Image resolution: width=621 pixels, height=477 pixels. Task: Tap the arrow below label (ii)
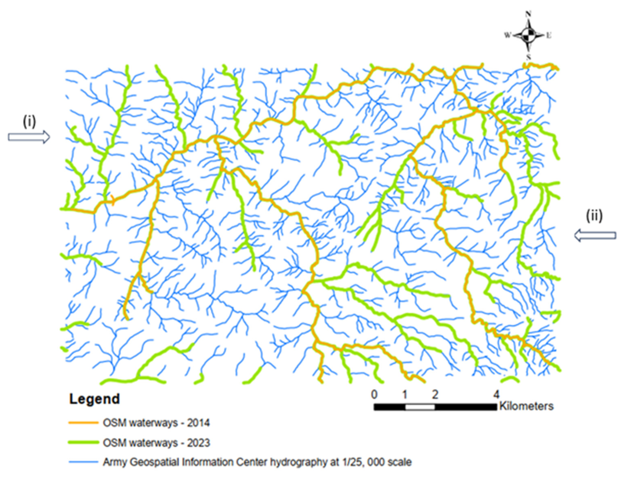(x=595, y=236)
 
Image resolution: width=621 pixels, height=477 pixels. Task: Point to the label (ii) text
(x=595, y=216)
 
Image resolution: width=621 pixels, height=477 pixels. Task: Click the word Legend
(x=94, y=399)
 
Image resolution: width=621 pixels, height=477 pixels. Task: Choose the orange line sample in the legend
(x=83, y=423)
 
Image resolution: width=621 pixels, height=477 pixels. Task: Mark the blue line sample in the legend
(x=83, y=462)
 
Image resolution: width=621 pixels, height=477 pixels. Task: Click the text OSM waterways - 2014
(x=156, y=423)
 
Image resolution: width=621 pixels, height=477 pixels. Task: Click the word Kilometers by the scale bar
(x=526, y=406)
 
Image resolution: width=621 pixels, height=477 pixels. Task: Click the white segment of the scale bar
(x=420, y=407)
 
